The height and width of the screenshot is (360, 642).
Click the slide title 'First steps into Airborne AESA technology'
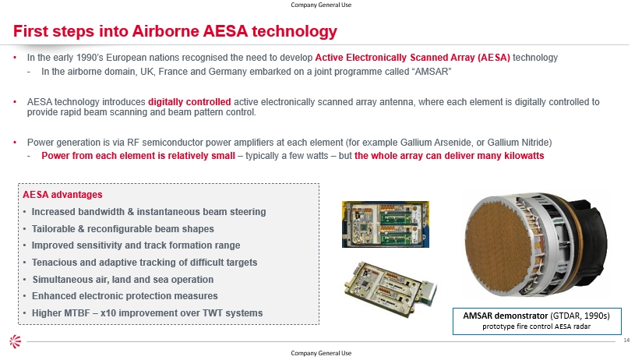coord(175,31)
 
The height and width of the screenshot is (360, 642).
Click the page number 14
coord(626,341)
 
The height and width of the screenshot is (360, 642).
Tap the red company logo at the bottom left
coord(15,341)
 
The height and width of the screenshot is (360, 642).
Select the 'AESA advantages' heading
coord(62,195)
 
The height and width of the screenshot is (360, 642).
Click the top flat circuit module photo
coord(386,224)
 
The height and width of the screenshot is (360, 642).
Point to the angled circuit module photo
coord(390,284)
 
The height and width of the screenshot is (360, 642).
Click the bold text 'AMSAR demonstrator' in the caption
coord(505,316)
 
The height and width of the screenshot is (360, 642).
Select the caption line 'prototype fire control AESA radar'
coord(536,326)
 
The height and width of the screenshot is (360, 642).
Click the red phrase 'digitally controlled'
coord(189,102)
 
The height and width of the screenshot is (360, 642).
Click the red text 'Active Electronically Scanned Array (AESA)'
coord(412,58)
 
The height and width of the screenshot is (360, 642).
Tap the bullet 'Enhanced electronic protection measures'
coord(125,296)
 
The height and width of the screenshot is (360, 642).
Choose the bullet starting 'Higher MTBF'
coord(147,313)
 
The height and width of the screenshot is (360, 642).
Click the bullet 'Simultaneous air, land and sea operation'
coord(123,280)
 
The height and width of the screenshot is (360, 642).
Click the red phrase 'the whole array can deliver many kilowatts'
coord(449,156)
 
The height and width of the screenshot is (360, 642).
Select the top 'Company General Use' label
coord(321,5)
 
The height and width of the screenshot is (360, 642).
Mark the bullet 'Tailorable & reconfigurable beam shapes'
coord(123,229)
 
